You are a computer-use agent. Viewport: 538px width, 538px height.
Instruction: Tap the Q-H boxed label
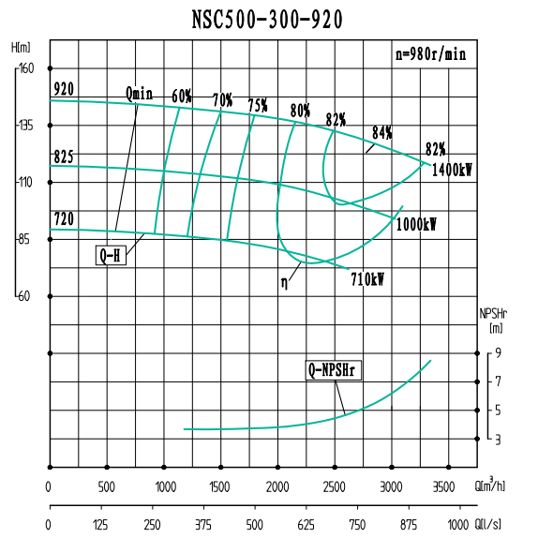pyautogui.click(x=112, y=255)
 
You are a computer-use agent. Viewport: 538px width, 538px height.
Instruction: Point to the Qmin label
pyautogui.click(x=139, y=93)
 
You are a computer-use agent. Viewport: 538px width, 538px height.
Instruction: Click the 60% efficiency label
pyautogui.click(x=182, y=96)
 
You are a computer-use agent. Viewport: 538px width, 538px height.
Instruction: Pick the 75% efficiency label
pyautogui.click(x=258, y=104)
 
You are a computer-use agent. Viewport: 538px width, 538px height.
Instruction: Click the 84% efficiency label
pyautogui.click(x=381, y=133)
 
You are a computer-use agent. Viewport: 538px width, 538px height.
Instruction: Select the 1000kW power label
pyautogui.click(x=417, y=225)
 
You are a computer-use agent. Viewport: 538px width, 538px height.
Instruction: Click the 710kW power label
pyautogui.click(x=368, y=279)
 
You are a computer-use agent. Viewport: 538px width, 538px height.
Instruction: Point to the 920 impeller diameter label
pyautogui.click(x=64, y=89)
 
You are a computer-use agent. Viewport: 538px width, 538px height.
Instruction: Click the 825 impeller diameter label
pyautogui.click(x=64, y=156)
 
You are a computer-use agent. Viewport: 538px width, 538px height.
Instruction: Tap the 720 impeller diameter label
pyautogui.click(x=64, y=219)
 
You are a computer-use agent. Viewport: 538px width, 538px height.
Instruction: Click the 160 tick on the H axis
pyautogui.click(x=25, y=68)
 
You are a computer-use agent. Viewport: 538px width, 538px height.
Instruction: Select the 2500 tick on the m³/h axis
pyautogui.click(x=335, y=486)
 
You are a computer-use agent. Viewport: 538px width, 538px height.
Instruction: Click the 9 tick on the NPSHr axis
pyautogui.click(x=500, y=352)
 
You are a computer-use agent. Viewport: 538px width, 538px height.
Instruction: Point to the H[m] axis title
pyautogui.click(x=21, y=47)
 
